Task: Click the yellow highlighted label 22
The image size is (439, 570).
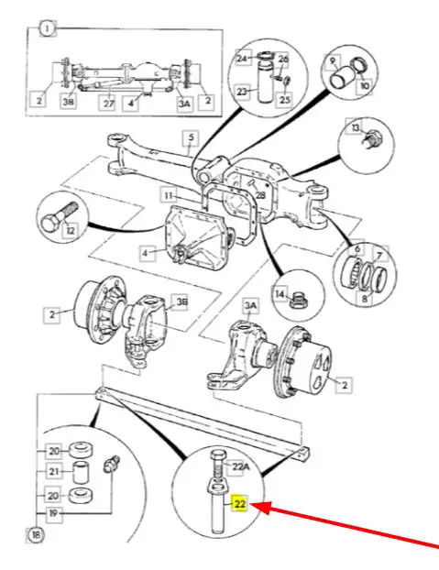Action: (240, 503)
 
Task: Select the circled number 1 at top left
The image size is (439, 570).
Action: (48, 28)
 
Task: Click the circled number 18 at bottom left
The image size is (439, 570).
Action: (36, 535)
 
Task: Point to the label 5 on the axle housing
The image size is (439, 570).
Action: (192, 137)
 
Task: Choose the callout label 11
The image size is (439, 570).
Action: (169, 196)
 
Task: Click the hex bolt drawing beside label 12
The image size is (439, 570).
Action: (59, 219)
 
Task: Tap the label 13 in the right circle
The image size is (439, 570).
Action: (356, 127)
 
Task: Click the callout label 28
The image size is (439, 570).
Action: (260, 195)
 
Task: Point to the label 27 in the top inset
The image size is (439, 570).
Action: (109, 104)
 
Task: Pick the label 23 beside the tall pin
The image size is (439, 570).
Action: (242, 91)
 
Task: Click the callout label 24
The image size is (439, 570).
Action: (242, 58)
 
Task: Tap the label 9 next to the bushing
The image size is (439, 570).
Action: (333, 61)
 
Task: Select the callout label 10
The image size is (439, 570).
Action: (365, 85)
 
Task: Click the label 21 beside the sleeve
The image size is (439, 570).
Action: (54, 471)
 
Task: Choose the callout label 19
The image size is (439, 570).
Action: (54, 513)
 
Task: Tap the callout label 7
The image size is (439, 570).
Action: (379, 256)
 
